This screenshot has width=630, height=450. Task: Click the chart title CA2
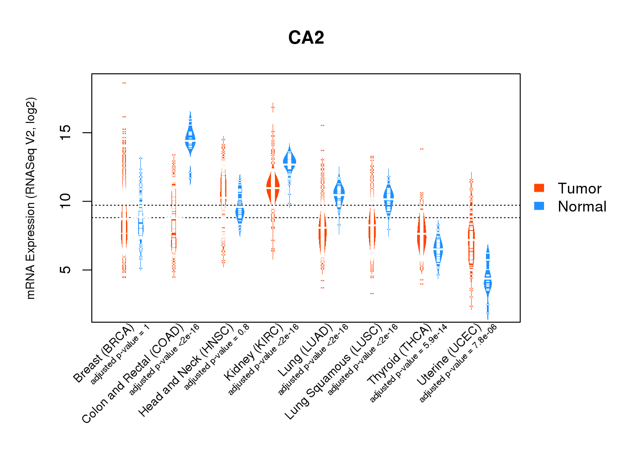(306, 38)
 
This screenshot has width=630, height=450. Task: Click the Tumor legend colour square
(539, 188)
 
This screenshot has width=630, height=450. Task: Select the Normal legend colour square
(539, 206)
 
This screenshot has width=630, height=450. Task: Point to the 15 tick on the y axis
(66, 133)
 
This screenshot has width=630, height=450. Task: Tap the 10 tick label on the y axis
(66, 201)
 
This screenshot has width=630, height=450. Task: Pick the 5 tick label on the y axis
(66, 270)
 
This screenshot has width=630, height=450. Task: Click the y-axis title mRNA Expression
(31, 198)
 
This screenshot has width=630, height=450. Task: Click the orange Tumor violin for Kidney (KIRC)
(273, 187)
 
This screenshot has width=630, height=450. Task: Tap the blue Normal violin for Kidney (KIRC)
(289, 162)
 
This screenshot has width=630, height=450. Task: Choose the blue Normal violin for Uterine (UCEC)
(487, 283)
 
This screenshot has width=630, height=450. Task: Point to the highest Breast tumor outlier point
(124, 83)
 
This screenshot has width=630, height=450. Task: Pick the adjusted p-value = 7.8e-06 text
(458, 363)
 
